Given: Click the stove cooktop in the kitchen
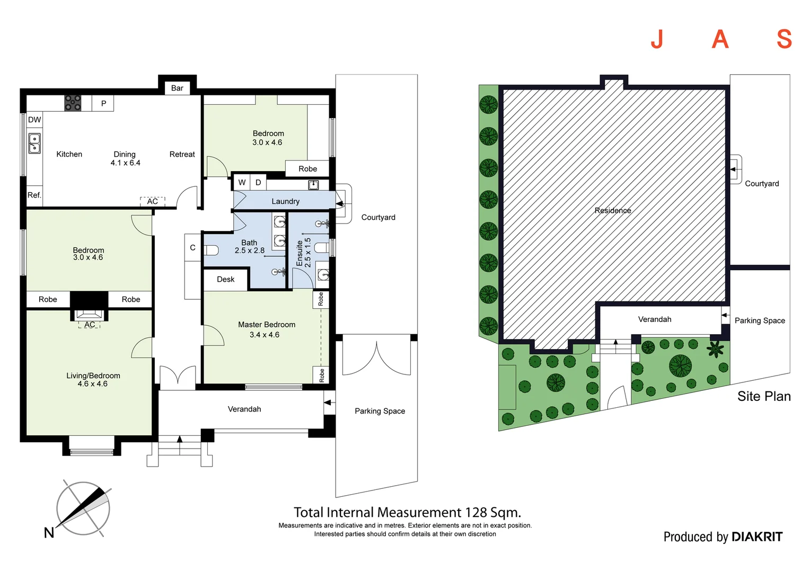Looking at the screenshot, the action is pos(73,103).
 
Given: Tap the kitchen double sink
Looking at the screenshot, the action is pos(34,144).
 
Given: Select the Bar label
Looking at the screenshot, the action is pos(177,88).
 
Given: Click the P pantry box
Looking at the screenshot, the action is pos(103,103).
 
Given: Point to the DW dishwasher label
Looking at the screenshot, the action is pos(34,120).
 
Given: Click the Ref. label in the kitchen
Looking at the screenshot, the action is pos(34,195).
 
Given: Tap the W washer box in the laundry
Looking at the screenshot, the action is pos(242,183).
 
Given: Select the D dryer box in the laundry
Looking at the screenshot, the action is pos(258,183).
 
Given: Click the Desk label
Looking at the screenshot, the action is pos(226,279).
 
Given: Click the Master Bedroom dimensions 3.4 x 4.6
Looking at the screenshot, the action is pos(265,335).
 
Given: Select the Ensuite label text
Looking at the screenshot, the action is pos(300,253).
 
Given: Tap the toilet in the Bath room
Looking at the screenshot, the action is pos(211,250).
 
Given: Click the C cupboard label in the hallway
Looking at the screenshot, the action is pos(193,247).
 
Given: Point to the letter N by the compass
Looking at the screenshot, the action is pos(49,533).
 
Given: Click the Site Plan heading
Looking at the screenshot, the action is pos(764,396).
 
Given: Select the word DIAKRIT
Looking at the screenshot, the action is pos(757,537).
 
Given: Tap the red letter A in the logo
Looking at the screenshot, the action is pos(720,39).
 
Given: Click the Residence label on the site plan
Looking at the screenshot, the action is pos(613,210).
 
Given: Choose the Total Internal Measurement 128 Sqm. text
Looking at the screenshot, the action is pos(407,512).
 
